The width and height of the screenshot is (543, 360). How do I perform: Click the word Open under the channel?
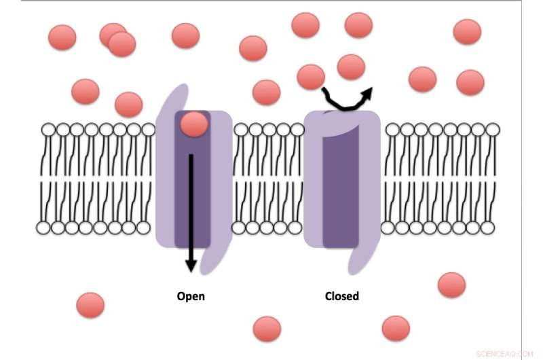coord(191,296)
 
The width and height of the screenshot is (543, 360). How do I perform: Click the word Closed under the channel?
coord(342,296)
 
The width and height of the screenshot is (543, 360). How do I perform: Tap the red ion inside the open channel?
coord(194,124)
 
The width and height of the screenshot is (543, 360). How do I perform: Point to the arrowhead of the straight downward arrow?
coord(191,264)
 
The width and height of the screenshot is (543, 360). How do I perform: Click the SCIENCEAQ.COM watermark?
coord(504,353)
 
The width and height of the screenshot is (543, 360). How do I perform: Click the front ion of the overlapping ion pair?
coord(122,44)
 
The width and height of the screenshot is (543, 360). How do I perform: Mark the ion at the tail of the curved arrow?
coord(311,77)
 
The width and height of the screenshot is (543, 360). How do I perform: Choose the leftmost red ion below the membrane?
coord(90,305)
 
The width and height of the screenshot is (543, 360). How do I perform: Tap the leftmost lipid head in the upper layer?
coord(49,129)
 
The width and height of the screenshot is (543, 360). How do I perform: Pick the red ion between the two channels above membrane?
coord(266,92)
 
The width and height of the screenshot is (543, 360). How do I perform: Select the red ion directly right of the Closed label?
coord(396,328)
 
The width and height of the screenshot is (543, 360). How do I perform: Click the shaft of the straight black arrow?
coord(191,204)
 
